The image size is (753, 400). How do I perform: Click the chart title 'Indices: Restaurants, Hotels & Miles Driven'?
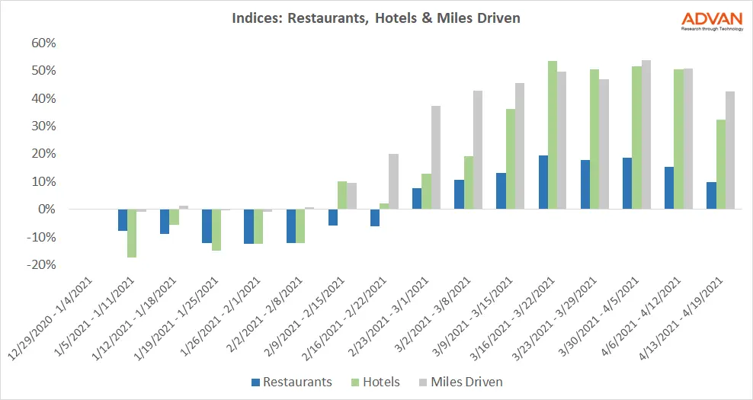click(x=376, y=17)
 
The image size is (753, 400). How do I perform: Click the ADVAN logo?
click(x=708, y=21)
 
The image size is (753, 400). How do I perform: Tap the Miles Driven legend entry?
click(x=460, y=382)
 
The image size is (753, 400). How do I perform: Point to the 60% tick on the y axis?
click(x=43, y=43)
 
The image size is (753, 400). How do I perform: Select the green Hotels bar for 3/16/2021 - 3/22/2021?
click(x=553, y=135)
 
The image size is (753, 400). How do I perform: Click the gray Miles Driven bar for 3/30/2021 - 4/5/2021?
click(x=646, y=135)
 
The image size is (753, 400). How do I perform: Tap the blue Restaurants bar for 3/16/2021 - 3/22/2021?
click(x=543, y=182)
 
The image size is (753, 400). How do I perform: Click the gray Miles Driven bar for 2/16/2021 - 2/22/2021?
click(x=393, y=181)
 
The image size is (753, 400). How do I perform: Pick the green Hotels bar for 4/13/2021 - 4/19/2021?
click(x=721, y=165)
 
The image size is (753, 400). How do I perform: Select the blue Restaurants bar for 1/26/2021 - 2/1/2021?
click(x=248, y=226)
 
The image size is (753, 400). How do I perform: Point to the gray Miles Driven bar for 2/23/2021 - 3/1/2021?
click(x=435, y=158)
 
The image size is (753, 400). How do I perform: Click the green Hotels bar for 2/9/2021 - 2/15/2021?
click(x=342, y=195)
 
